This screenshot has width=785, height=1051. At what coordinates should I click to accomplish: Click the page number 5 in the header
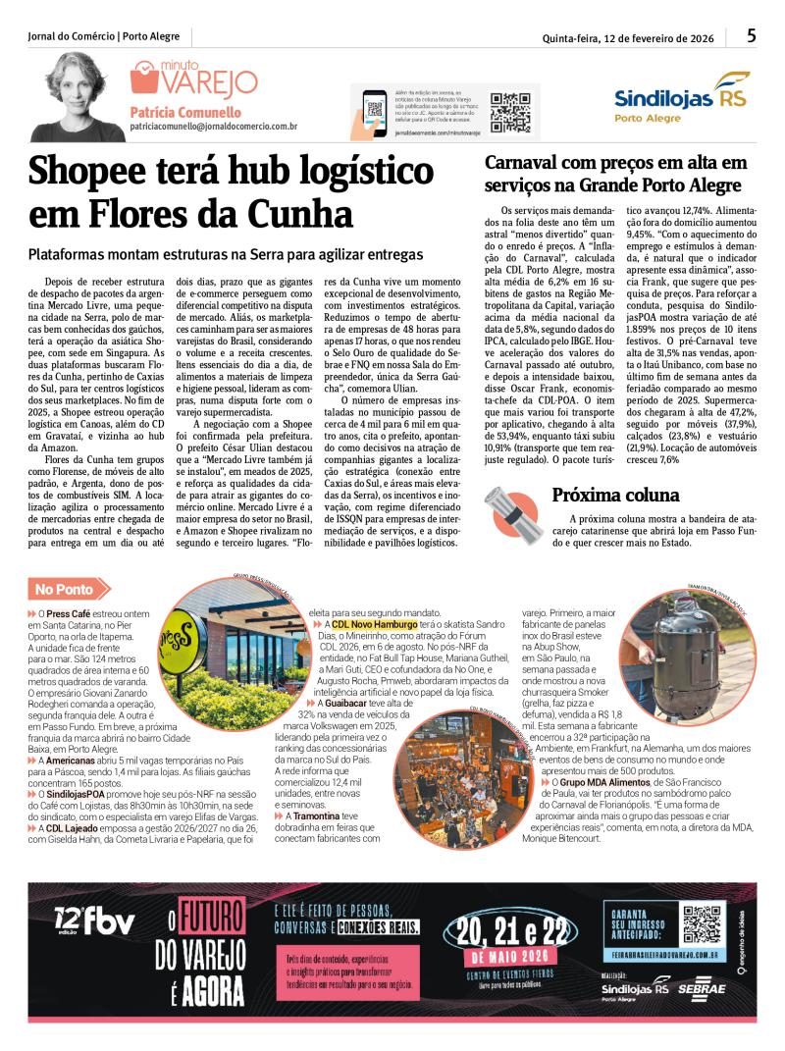pos(751,36)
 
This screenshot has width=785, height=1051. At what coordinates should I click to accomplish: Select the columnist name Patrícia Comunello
pos(188,111)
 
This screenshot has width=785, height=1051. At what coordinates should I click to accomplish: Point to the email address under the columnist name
pos(214,127)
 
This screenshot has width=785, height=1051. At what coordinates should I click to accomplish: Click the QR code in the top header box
pos(511,112)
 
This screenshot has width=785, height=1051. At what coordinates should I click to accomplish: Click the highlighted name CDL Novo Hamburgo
pos(375,624)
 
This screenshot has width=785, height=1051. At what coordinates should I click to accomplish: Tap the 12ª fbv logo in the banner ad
pos(95,921)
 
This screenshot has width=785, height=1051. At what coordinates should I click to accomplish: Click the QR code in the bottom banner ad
pos(703,923)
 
